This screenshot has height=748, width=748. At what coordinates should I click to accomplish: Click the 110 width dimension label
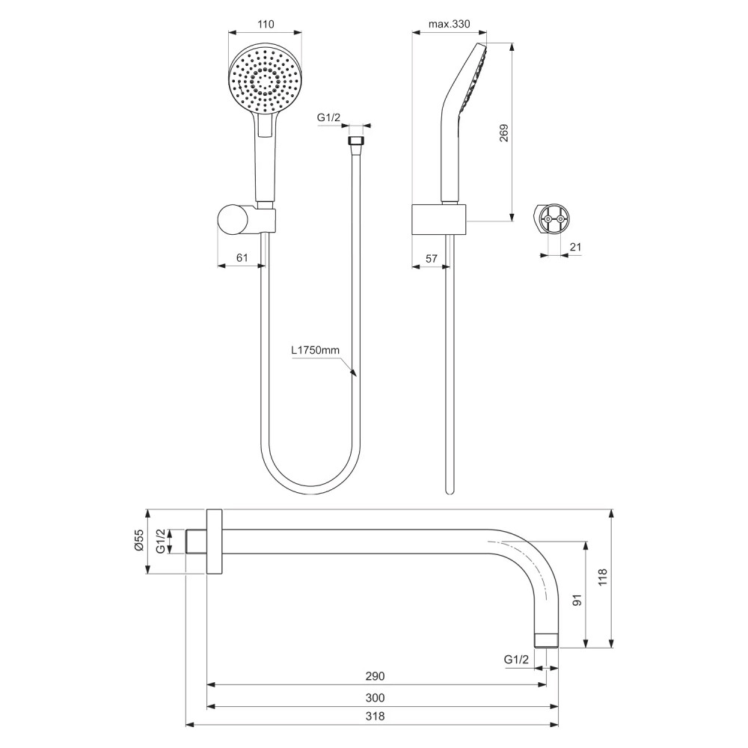pos(266,25)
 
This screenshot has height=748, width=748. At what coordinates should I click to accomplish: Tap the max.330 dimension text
pos(450,24)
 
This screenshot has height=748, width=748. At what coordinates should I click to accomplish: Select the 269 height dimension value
pos(503,132)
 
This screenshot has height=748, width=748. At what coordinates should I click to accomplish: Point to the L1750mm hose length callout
pos(316,350)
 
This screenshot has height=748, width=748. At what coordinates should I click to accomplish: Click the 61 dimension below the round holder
pos(242,257)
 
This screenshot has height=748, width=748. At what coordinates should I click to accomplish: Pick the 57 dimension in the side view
pos(432,259)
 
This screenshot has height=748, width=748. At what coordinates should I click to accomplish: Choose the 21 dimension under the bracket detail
pos(576,247)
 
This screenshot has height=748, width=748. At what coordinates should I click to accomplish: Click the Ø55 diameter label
pos(139,541)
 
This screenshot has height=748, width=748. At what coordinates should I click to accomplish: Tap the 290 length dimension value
pos(375,676)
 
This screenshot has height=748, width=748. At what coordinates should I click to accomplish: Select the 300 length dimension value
pos(375,698)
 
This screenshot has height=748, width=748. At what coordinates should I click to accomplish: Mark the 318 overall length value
pos(375,716)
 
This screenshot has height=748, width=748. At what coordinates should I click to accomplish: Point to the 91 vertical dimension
pos(577,600)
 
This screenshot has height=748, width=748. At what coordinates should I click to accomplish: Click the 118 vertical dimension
pos(602,577)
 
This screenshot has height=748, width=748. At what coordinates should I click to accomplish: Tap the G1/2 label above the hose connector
pos(329,117)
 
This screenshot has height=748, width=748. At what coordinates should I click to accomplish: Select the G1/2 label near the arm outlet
pos(517,659)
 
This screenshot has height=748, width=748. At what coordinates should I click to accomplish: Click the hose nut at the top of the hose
pos(355,141)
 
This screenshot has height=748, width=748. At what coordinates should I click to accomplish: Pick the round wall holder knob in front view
pos(233,219)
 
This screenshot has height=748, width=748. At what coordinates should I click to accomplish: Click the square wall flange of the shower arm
pos(215,542)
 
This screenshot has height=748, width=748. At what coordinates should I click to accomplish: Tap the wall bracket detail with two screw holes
pos(551,219)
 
